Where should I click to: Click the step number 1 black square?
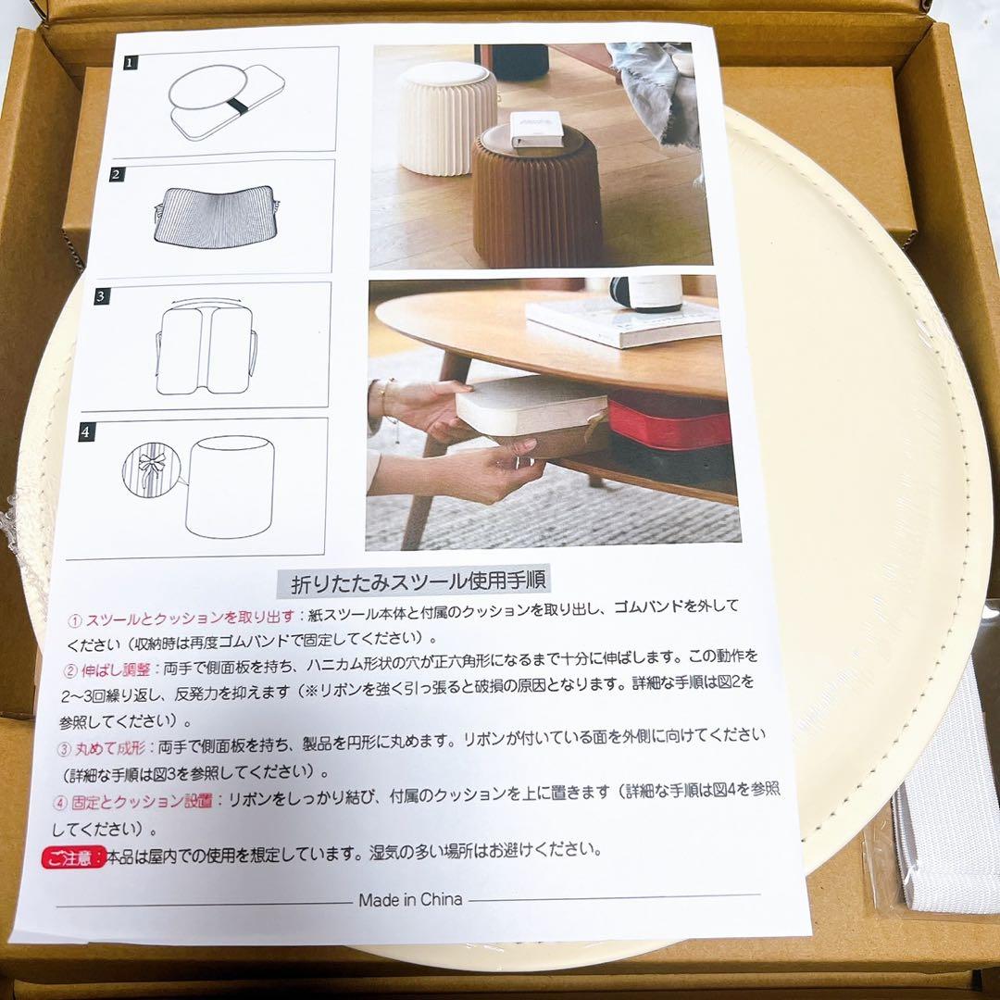tap(131, 63)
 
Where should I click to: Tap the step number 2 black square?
tap(116, 174)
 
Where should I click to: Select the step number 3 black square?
tap(101, 296)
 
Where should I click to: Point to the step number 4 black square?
tap(86, 432)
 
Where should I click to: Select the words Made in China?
tap(410, 900)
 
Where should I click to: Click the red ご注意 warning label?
tap(73, 857)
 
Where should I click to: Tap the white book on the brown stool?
tap(536, 130)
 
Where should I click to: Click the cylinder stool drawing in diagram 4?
tap(230, 487)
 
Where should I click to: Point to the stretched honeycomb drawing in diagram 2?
tap(216, 214)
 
